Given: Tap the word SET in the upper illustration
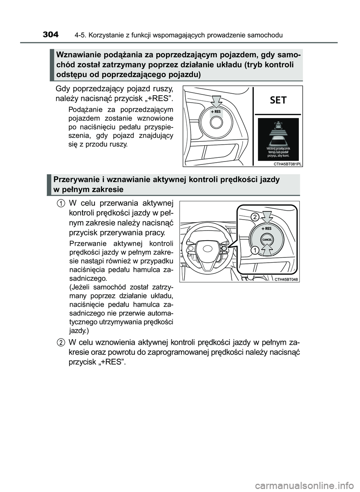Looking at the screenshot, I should (278, 100).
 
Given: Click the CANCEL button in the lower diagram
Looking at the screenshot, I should (267, 239).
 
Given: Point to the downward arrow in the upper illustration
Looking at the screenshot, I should (217, 102).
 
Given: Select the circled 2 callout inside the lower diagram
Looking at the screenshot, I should (255, 217).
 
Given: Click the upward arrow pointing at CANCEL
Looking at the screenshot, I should (267, 249).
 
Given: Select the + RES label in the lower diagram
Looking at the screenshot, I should (267, 228).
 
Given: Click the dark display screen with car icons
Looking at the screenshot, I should (278, 139).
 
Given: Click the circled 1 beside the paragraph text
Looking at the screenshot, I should (60, 203).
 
